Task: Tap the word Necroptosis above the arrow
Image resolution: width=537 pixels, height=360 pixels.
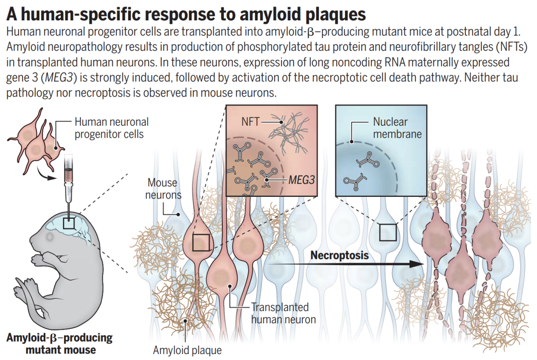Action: coord(340,256)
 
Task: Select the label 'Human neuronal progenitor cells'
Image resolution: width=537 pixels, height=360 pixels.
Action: coord(111,128)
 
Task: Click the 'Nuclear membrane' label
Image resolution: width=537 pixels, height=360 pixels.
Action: coord(397,128)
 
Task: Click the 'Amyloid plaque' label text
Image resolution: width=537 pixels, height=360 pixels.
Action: coord(187,350)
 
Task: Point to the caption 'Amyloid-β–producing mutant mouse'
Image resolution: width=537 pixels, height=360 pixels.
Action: coord(60,344)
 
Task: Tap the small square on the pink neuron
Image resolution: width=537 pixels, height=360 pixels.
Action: coord(201,243)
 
